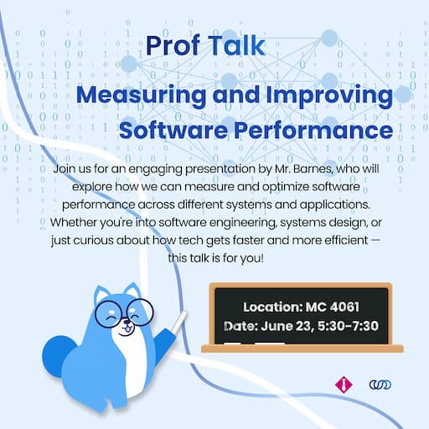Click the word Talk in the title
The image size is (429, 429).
click(235, 47)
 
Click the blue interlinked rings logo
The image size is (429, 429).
click(380, 385)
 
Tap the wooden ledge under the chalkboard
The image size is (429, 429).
click(302, 348)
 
